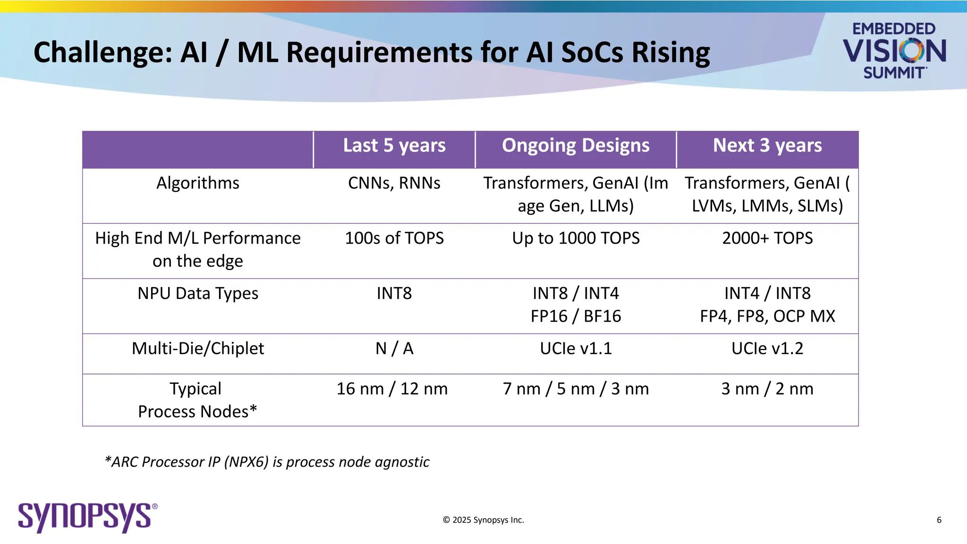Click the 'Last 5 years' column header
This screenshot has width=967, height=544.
click(394, 145)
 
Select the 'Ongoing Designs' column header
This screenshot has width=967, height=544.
click(576, 145)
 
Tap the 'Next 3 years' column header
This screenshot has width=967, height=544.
click(767, 145)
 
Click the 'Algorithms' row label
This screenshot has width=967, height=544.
click(198, 183)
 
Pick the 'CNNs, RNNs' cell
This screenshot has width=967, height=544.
click(394, 183)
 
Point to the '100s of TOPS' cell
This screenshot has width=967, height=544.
click(394, 238)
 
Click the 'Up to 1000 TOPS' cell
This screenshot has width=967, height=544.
click(576, 238)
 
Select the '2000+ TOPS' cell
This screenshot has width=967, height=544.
click(767, 238)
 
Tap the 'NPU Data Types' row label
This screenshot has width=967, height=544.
click(198, 293)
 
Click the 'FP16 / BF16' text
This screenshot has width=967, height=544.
click(576, 316)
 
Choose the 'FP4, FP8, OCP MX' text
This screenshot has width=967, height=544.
click(767, 316)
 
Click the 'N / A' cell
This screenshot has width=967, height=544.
click(394, 348)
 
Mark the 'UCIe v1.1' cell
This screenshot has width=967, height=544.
click(576, 348)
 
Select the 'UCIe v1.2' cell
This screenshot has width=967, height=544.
click(767, 348)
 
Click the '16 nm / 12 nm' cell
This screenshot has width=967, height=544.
click(392, 389)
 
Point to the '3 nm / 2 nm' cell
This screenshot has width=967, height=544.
click(767, 389)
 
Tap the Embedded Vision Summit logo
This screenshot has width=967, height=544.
click(894, 50)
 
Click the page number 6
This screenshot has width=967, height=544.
click(939, 520)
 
